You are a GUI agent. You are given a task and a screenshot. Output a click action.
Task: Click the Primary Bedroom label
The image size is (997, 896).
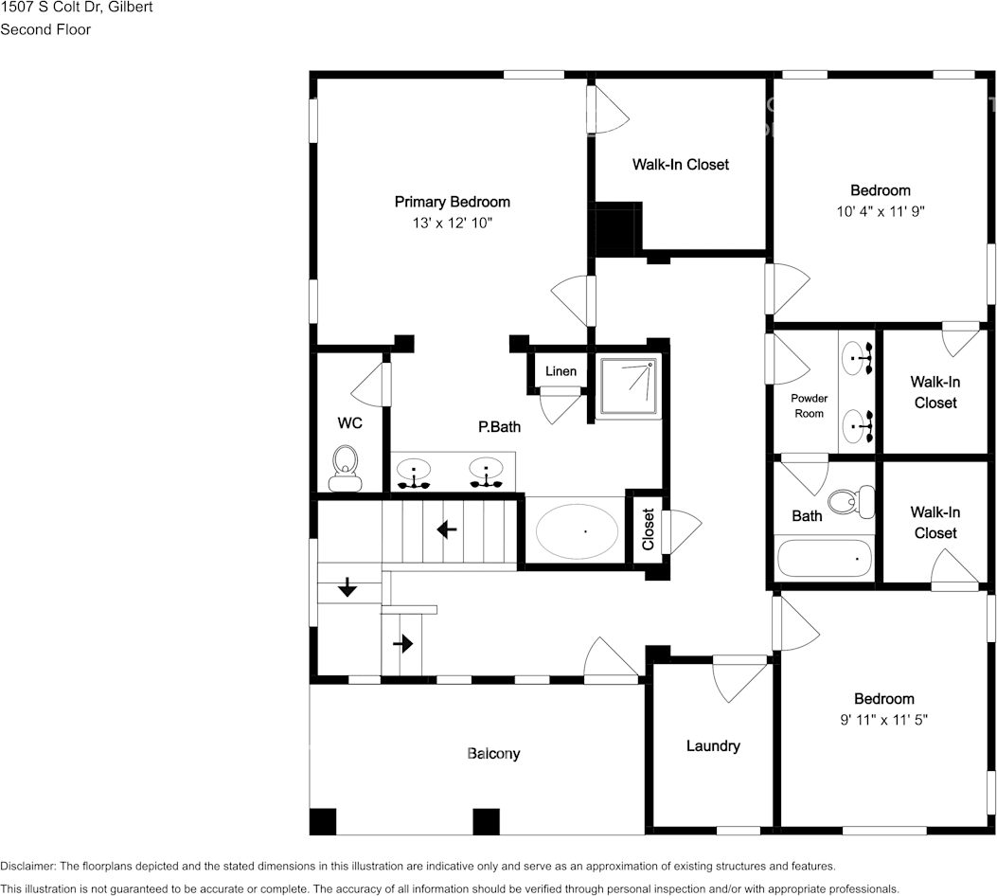click(x=452, y=202)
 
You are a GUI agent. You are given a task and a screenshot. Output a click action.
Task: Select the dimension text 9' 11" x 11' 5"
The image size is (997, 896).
click(x=884, y=720)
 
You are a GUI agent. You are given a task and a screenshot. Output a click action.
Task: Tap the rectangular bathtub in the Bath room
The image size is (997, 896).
click(x=824, y=558)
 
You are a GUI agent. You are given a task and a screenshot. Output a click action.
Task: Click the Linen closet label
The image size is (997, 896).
click(x=561, y=371)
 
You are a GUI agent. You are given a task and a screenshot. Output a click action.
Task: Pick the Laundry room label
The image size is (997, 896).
click(x=713, y=746)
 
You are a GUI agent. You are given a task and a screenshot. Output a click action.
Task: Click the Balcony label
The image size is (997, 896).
click(x=493, y=754)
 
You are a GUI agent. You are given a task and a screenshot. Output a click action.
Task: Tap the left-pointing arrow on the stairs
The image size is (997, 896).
click(x=448, y=529)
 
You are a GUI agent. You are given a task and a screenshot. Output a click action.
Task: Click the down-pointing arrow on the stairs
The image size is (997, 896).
click(x=347, y=587)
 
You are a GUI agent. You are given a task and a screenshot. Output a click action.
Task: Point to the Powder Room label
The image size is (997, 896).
click(x=809, y=406)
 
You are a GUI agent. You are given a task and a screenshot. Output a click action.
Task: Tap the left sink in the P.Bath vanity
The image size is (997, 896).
click(x=413, y=472)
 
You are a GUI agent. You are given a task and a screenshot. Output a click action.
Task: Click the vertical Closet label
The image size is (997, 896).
click(x=649, y=530)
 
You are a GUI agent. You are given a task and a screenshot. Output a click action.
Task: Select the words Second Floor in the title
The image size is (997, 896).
click(x=45, y=29)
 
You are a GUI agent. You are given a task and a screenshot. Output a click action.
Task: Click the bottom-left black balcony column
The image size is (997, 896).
click(x=323, y=821)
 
